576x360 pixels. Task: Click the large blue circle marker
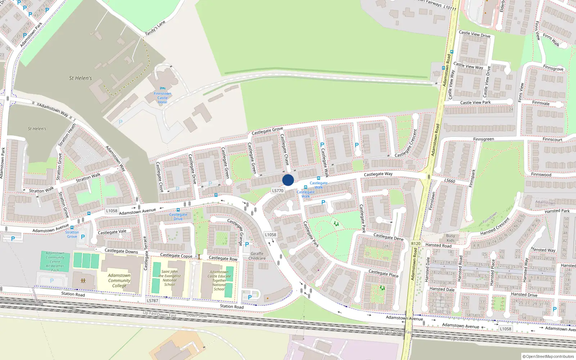[x=288, y=180]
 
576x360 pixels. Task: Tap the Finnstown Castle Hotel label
[x=162, y=98]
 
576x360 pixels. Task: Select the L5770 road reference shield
[x=278, y=191]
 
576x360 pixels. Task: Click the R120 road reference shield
[x=416, y=244]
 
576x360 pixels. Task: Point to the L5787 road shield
[x=152, y=301]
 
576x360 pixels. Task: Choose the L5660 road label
[x=450, y=181]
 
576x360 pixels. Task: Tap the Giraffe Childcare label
[x=257, y=256]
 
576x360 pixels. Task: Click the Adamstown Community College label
[x=119, y=280]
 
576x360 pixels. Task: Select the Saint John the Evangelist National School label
[x=170, y=278]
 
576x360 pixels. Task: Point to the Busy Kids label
[x=450, y=238]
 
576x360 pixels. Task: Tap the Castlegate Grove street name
[x=267, y=131]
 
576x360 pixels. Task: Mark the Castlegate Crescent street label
[x=406, y=143]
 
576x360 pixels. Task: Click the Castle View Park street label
[x=475, y=103]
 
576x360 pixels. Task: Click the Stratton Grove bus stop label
[x=72, y=234]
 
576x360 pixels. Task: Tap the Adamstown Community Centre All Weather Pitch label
[x=55, y=262]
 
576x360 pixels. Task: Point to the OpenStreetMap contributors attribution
[x=548, y=357]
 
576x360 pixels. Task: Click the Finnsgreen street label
[x=483, y=139]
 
